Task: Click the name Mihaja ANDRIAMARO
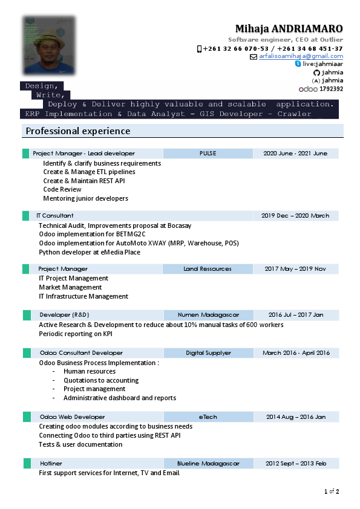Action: [289, 29]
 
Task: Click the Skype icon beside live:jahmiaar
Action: [298, 63]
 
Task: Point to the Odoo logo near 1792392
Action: [308, 89]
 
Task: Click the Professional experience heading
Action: [77, 131]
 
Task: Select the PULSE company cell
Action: [208, 154]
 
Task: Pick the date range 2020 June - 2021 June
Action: [295, 154]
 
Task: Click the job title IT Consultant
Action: [55, 215]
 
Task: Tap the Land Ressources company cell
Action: [208, 269]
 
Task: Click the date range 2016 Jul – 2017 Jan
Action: [296, 315]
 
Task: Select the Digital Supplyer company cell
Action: [208, 353]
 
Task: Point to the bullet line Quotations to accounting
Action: [101, 380]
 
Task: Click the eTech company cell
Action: [208, 417]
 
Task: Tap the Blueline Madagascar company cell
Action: [208, 464]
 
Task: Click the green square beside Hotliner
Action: [27, 464]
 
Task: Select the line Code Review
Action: [62, 189]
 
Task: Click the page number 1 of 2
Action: [332, 491]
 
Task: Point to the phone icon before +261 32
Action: [199, 48]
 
